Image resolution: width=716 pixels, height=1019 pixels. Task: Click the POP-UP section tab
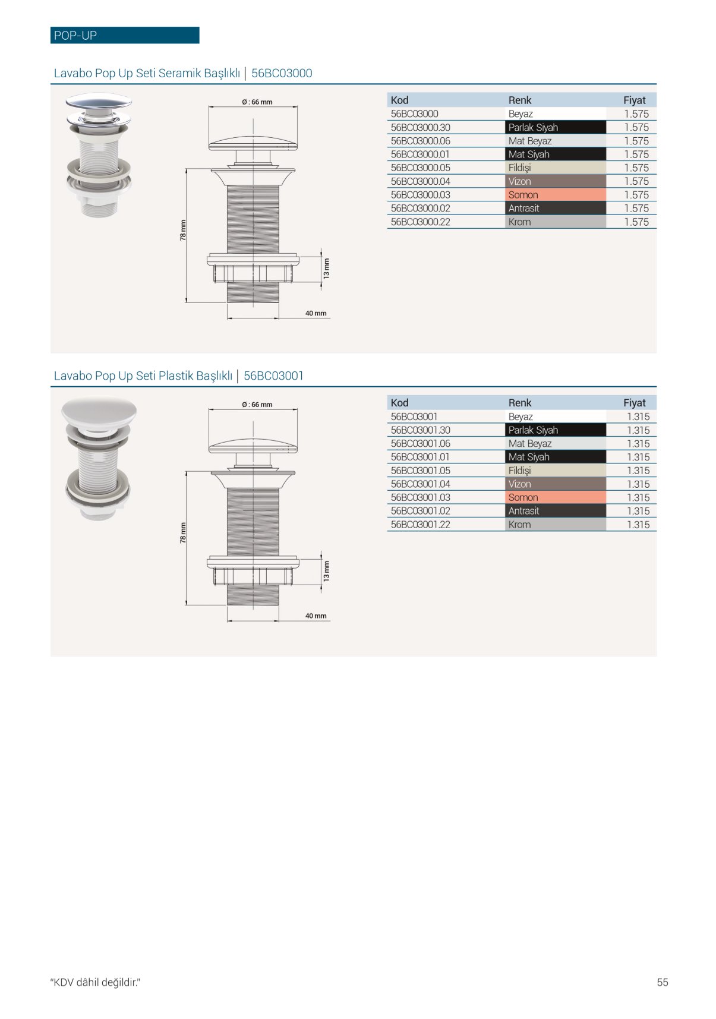click(x=125, y=35)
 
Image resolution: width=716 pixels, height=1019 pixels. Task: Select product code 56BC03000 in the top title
click(x=282, y=73)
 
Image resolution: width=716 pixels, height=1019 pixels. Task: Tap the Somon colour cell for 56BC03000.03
click(x=556, y=195)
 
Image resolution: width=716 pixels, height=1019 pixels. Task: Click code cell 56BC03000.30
click(x=421, y=127)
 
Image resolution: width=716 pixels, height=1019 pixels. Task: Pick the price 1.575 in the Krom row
click(x=636, y=222)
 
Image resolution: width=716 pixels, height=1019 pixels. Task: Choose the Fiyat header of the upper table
click(x=634, y=100)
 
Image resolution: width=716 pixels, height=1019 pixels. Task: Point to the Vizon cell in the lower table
click(x=556, y=484)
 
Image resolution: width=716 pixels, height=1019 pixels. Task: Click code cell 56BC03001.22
click(x=421, y=525)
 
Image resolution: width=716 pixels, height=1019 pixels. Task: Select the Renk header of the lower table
click(x=520, y=403)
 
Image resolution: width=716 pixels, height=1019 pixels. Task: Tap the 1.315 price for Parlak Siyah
click(x=638, y=430)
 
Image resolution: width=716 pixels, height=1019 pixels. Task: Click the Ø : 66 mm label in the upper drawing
click(x=257, y=102)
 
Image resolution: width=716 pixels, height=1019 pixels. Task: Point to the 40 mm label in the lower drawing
click(x=316, y=616)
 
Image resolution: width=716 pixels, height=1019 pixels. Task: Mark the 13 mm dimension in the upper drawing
click(x=326, y=269)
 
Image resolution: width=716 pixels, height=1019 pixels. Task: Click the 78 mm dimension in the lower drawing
click(x=183, y=532)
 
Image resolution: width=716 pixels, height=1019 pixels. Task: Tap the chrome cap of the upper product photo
click(x=99, y=101)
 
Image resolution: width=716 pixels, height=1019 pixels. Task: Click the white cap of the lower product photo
click(x=99, y=411)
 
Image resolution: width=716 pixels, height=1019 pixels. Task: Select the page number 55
click(x=663, y=982)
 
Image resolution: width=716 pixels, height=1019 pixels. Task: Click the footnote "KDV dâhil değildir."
click(x=95, y=982)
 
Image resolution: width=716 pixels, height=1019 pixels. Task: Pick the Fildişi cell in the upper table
click(x=556, y=168)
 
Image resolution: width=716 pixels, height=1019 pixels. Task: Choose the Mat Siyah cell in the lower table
click(x=556, y=457)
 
